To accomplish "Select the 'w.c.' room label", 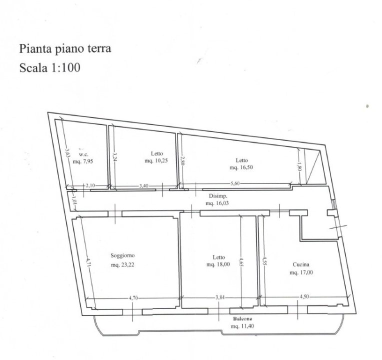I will point(83,154).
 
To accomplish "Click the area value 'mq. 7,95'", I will point(83,161).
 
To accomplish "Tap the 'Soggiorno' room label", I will point(122,255).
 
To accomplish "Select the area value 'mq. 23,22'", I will point(122,264).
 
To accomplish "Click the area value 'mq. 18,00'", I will point(218,264).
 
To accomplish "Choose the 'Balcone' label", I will point(242,319).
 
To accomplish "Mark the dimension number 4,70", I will point(133,298).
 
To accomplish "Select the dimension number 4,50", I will point(304,296).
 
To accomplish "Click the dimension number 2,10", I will point(90,185).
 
